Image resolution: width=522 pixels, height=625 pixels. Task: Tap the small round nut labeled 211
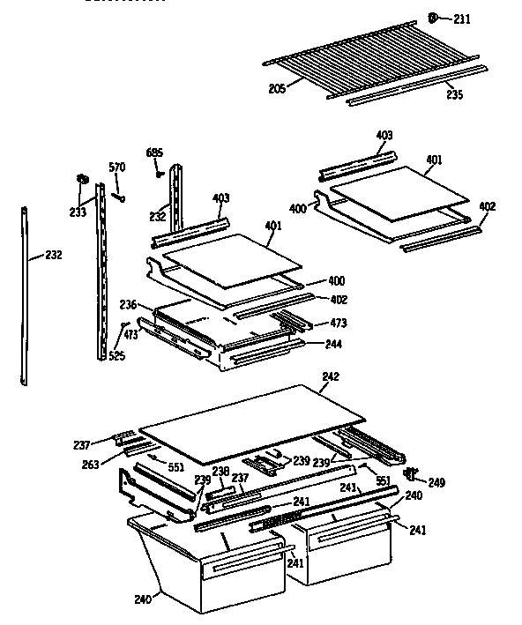point(435,18)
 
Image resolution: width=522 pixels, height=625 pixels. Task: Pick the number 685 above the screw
point(155,153)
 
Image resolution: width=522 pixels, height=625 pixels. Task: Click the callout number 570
point(116,167)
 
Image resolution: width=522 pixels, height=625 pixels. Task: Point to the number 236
point(128,304)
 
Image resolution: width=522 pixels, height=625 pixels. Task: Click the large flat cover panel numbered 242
point(256,420)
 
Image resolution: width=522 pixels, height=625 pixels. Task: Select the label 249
point(436,482)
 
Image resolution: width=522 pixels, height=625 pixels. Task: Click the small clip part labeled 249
point(411,474)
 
